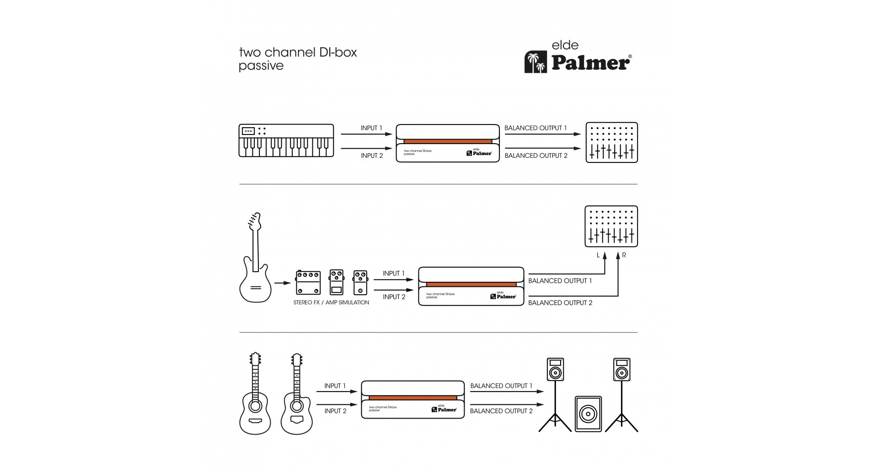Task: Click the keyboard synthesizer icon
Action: (286, 140)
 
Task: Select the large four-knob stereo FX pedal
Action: (308, 282)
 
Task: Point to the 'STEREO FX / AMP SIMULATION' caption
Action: (331, 302)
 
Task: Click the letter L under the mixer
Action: (598, 255)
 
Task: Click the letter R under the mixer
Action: (624, 255)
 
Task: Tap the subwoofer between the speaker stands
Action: (588, 414)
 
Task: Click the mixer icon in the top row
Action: (611, 142)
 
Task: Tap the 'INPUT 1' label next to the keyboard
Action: (371, 128)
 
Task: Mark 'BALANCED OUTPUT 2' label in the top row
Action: (536, 156)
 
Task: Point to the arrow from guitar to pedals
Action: (282, 283)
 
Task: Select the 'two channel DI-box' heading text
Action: (298, 52)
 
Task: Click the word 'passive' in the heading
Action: (261, 66)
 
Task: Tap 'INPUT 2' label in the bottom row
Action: (335, 411)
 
